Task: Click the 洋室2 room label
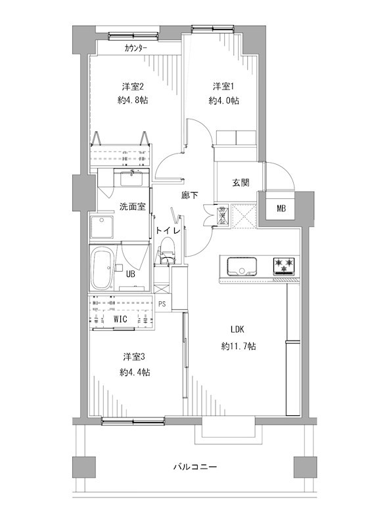pyautogui.click(x=133, y=87)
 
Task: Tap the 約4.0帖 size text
pyautogui.click(x=223, y=100)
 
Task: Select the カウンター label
pyautogui.click(x=135, y=48)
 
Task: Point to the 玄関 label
pyautogui.click(x=241, y=182)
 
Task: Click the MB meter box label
pyautogui.click(x=281, y=208)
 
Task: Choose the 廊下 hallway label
pyautogui.click(x=190, y=195)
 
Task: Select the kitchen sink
pyautogui.click(x=242, y=266)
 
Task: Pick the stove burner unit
pyautogui.click(x=285, y=266)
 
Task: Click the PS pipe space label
pyautogui.click(x=162, y=304)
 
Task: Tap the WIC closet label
pyautogui.click(x=120, y=319)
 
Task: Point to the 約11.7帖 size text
pyautogui.click(x=239, y=346)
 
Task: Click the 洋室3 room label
pyautogui.click(x=133, y=357)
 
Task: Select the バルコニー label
pyautogui.click(x=195, y=467)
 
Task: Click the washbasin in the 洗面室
pyautogui.click(x=132, y=177)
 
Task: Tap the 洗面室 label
pyautogui.click(x=133, y=207)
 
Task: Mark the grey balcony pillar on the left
pyautogui.click(x=84, y=467)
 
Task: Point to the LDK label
pyautogui.click(x=237, y=329)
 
